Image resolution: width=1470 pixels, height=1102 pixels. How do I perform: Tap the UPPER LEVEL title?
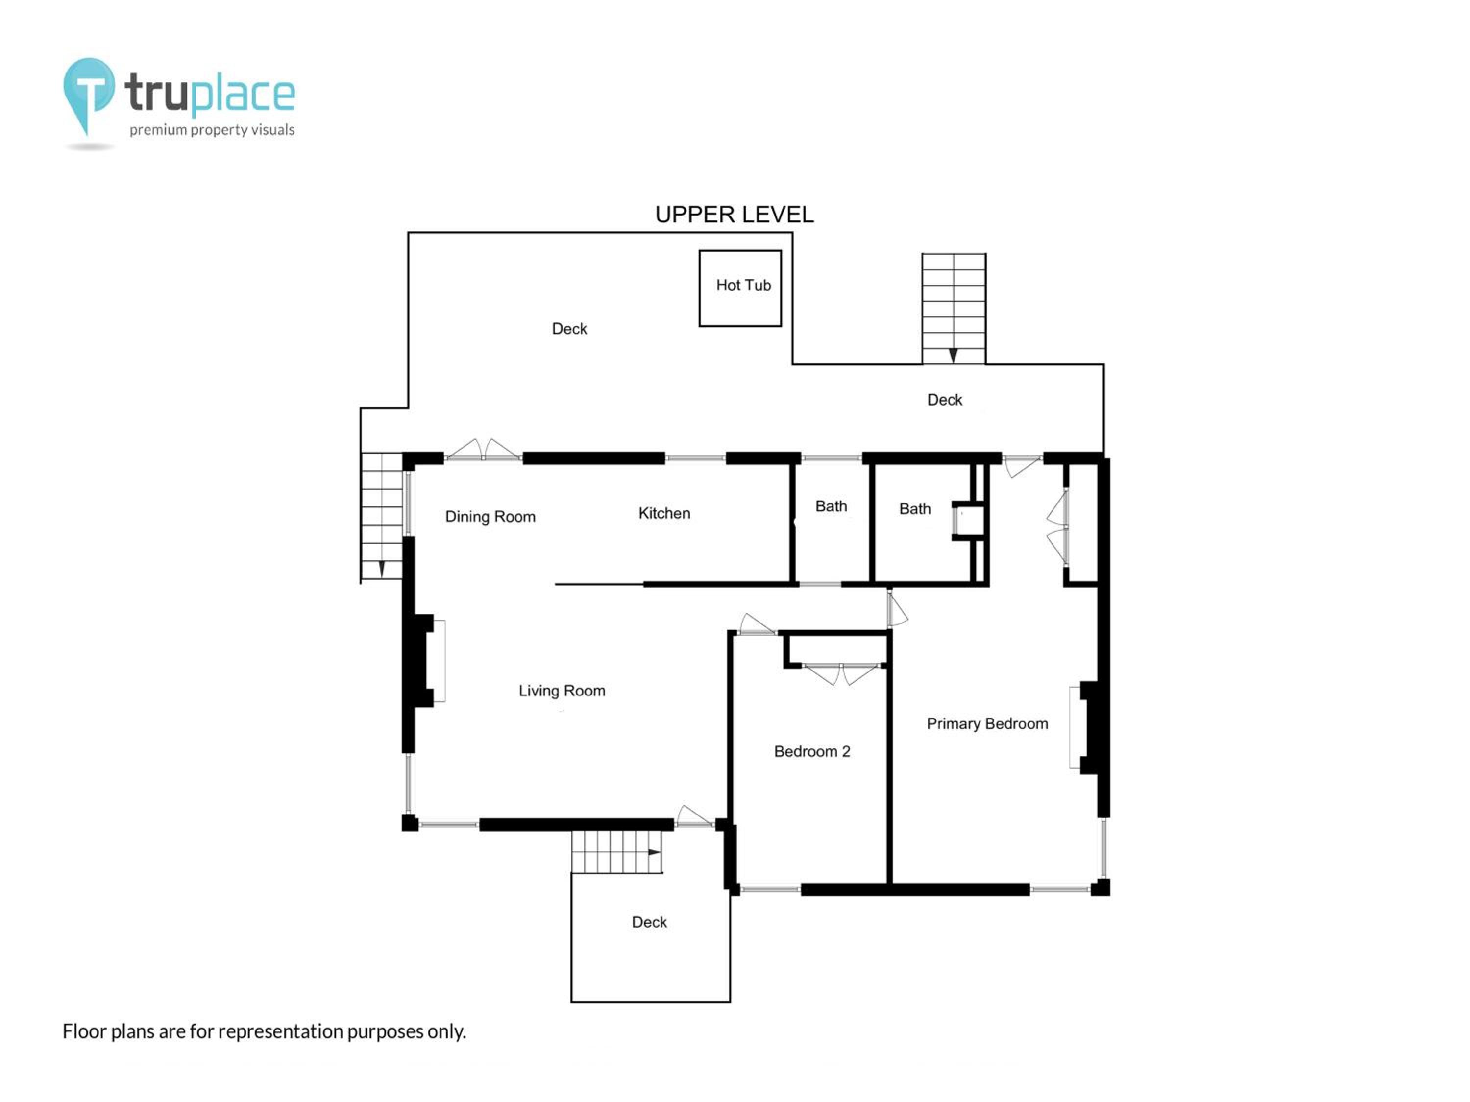click(x=735, y=215)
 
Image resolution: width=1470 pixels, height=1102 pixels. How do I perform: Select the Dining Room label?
click(x=490, y=517)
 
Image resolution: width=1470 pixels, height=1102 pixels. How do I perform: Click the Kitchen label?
click(x=664, y=513)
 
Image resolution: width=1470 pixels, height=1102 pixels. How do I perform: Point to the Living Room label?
click(x=562, y=691)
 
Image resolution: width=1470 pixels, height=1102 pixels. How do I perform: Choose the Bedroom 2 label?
click(x=812, y=751)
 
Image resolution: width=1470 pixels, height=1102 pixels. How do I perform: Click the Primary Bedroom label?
click(x=987, y=723)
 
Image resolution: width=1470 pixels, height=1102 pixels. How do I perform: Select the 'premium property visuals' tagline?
click(x=212, y=129)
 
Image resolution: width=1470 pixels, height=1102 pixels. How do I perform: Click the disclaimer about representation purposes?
click(x=265, y=1031)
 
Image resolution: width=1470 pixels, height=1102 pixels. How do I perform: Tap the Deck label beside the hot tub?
click(x=569, y=329)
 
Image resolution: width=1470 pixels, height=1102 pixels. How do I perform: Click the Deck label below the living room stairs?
click(x=649, y=922)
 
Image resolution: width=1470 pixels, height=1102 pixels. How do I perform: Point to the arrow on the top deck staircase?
click(x=953, y=356)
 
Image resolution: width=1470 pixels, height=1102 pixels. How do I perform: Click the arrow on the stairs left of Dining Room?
click(x=381, y=569)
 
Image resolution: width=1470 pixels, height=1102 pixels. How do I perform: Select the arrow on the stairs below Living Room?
click(x=655, y=852)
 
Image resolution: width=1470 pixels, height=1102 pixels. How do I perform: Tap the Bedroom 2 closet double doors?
click(x=841, y=673)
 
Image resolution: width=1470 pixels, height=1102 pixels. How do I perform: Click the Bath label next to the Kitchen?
click(x=832, y=506)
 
